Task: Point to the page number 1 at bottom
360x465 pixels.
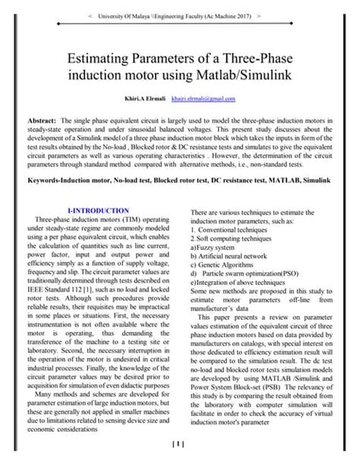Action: pyautogui.click(x=179, y=444)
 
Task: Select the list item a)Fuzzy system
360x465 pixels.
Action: pyautogui.click(x=218, y=247)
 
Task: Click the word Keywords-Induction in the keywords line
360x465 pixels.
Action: pyautogui.click(x=63, y=183)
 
